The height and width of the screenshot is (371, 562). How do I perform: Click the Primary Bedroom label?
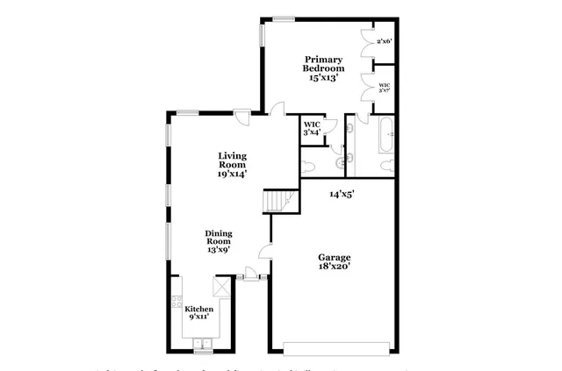coord(323,68)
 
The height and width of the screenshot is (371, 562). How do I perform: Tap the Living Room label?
coord(232,164)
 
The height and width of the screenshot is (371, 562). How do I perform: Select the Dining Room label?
coord(219,240)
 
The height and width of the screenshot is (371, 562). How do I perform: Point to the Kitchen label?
coord(198,313)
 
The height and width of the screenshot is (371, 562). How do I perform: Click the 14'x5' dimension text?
coord(341,194)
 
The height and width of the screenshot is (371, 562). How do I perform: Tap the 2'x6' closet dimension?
coord(384,41)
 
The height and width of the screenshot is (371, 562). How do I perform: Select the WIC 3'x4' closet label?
coord(312,128)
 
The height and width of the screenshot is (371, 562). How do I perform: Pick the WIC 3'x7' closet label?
coord(384,88)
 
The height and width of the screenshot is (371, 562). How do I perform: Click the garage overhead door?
coord(333,344)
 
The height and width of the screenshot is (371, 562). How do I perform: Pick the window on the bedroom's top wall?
coord(283,18)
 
